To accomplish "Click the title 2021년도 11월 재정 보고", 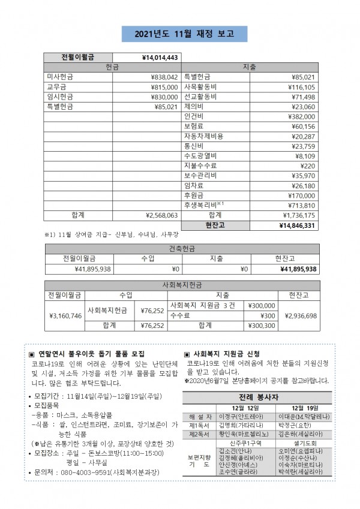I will (x=179, y=34).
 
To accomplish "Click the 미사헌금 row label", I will (x=60, y=77).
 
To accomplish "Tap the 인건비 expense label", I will (x=194, y=116).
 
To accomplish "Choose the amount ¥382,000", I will (x=301, y=116).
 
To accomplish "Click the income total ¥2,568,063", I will (x=162, y=215).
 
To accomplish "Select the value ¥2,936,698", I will (x=301, y=315).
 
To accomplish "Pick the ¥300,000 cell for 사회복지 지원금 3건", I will (x=262, y=305).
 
